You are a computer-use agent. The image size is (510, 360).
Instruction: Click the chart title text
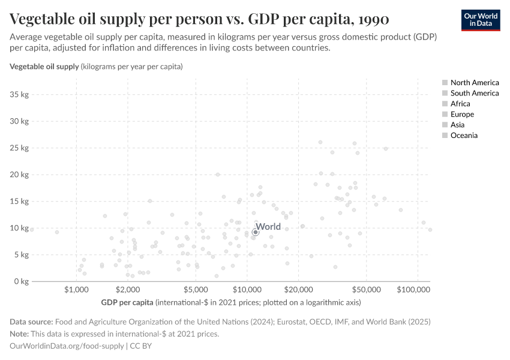(x=199, y=19)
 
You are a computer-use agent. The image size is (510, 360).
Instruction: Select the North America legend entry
(x=474, y=83)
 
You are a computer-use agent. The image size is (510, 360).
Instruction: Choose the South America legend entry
(x=474, y=93)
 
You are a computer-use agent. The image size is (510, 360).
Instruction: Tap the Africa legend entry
(x=460, y=104)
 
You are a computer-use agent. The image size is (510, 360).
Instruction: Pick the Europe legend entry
(x=462, y=114)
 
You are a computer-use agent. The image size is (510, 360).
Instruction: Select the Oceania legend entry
(x=464, y=136)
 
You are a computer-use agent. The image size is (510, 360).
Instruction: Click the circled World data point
(x=256, y=232)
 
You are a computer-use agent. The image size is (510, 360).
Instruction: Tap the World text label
(x=268, y=227)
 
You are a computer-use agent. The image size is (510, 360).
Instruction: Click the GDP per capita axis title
(x=127, y=302)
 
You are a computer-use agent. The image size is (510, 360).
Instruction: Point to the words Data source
(x=31, y=322)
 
